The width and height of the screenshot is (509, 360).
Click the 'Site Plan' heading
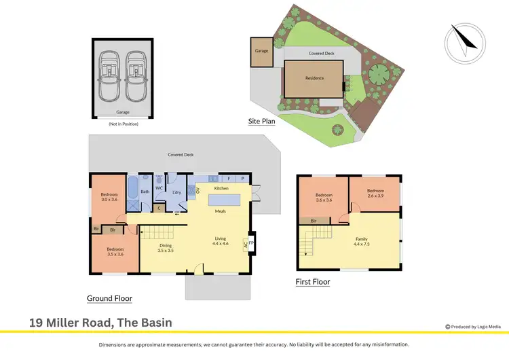tap(261, 121)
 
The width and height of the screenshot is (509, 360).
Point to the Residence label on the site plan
tap(314, 78)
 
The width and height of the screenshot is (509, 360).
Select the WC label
tap(159, 188)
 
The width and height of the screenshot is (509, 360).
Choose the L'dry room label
tap(176, 193)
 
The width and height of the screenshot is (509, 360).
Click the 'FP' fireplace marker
tap(251, 242)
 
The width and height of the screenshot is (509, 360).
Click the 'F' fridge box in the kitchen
tap(228, 179)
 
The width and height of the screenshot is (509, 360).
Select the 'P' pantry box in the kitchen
tap(242, 179)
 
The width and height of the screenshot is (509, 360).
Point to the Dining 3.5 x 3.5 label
tap(166, 249)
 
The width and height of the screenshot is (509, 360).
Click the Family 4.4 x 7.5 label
tap(361, 242)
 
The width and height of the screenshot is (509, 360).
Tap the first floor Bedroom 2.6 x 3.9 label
tap(375, 194)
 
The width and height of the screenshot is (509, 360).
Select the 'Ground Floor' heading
tap(109, 298)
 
